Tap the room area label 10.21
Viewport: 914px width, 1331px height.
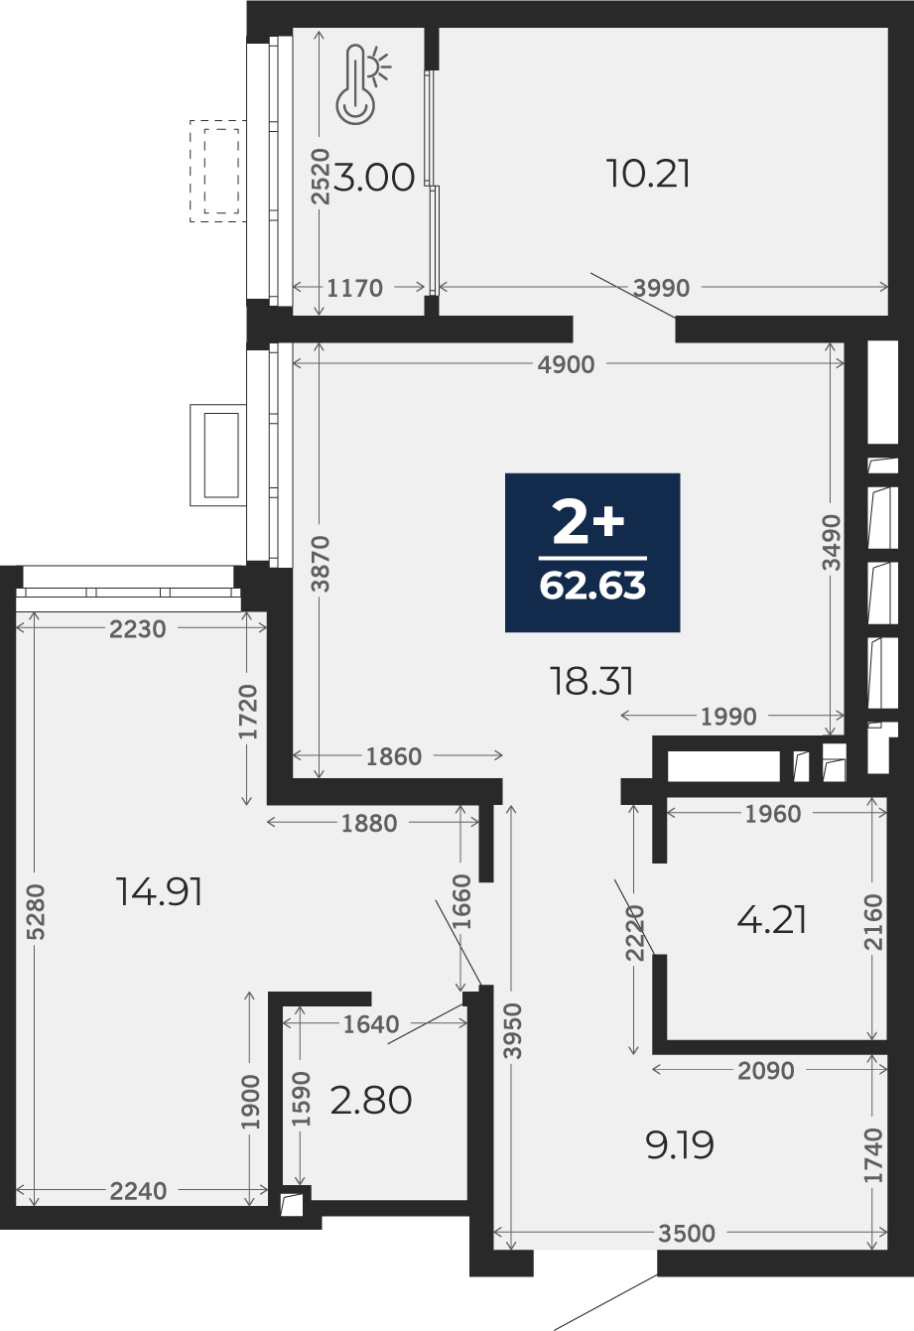tap(648, 175)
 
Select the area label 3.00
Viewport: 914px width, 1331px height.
tap(374, 179)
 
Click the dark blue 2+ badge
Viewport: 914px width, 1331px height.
tap(592, 553)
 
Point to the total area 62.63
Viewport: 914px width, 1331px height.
tap(592, 586)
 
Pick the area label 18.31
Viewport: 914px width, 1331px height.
tap(591, 681)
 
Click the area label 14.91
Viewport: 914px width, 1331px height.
tap(159, 892)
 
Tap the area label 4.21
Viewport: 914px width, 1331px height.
tap(771, 921)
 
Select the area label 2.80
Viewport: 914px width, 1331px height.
tap(371, 1100)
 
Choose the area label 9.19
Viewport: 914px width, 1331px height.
tap(680, 1145)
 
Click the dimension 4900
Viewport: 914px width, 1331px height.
tap(566, 365)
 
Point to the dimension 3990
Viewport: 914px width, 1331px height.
tap(661, 288)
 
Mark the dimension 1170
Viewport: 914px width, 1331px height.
tap(355, 288)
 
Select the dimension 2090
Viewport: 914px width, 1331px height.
tap(765, 1071)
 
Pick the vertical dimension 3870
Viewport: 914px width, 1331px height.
tap(320, 564)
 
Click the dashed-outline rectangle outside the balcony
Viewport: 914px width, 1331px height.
tap(218, 171)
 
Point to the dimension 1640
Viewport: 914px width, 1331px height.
tap(371, 1024)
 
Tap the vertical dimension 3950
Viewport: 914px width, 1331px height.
tap(512, 1031)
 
